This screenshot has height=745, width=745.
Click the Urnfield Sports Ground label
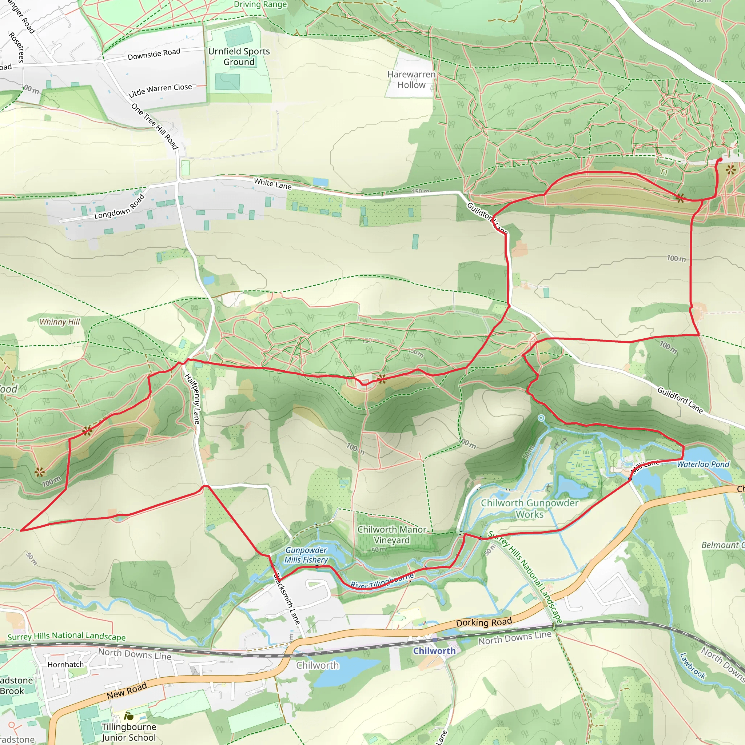point(239,57)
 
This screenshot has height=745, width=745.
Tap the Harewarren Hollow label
point(411,80)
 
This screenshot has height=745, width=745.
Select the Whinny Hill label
point(60,322)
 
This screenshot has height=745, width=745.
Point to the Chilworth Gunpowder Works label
point(529,509)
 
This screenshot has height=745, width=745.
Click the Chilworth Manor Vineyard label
point(391,534)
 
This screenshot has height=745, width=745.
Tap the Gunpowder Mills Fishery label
point(306,555)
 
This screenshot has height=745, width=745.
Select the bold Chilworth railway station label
point(434,651)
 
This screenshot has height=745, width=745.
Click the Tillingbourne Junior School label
point(129,732)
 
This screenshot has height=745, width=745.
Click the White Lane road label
point(272,184)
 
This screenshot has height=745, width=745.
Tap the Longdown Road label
point(119,207)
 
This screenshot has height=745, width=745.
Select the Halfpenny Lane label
point(192,399)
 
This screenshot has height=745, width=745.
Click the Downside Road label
point(154,54)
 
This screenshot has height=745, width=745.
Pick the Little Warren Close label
point(160,90)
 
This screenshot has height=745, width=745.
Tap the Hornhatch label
point(65,664)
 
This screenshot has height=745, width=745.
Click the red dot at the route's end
point(720,160)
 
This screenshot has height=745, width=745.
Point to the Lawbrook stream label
point(693,666)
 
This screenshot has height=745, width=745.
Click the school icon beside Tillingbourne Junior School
point(128,716)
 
